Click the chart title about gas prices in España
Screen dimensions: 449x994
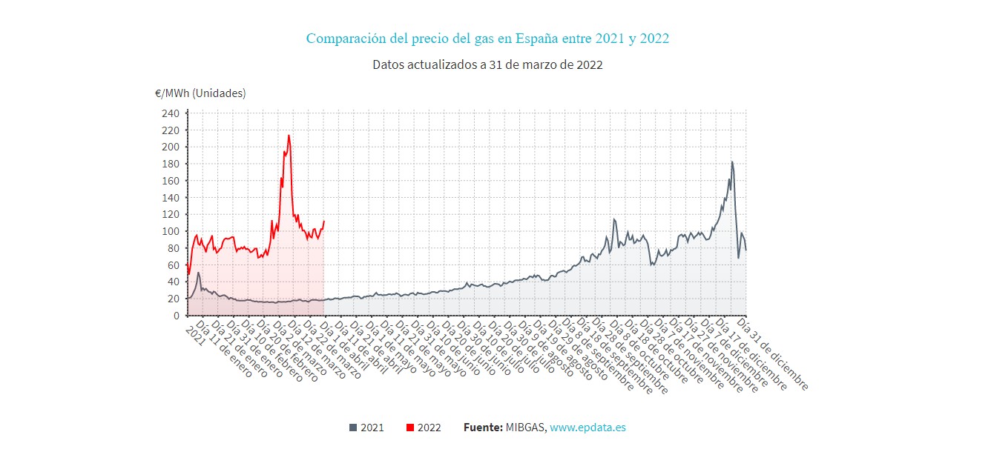click(487, 39)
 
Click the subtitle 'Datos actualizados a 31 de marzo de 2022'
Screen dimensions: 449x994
click(487, 64)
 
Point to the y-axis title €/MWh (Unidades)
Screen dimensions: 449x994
click(200, 93)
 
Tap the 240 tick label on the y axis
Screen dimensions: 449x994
click(170, 113)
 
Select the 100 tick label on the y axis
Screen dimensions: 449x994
click(170, 231)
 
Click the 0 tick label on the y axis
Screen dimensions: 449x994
click(176, 316)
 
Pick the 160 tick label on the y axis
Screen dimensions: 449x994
click(170, 181)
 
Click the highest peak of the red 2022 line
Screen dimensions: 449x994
click(289, 135)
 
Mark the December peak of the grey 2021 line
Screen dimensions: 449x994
click(732, 162)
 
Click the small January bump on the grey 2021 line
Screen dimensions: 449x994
click(198, 273)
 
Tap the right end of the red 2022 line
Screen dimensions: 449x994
click(324, 221)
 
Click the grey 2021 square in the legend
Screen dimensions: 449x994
click(353, 428)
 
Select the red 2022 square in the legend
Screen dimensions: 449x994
click(410, 428)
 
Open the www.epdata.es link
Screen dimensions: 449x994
click(587, 428)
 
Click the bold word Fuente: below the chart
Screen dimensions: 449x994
click(483, 428)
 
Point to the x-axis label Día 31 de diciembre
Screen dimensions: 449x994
click(771, 353)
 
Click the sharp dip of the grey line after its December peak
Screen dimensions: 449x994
click(738, 258)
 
